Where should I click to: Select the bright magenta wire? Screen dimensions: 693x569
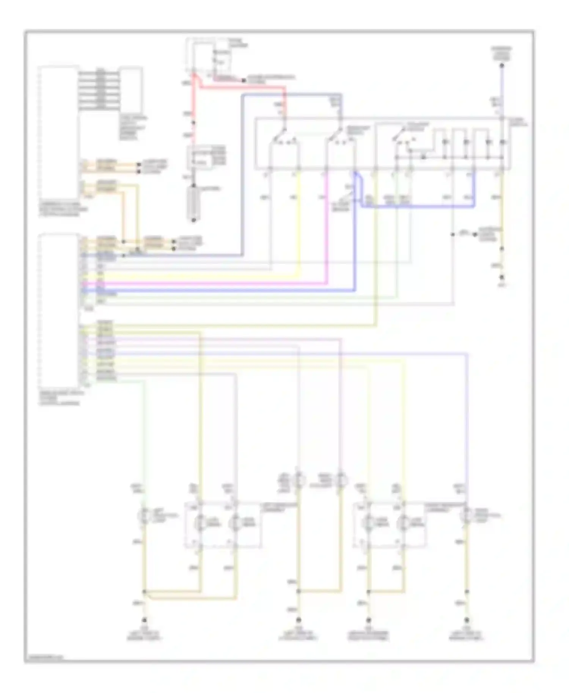pyautogui.click(x=205, y=283)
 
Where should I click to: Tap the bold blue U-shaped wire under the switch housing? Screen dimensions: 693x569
pyautogui.click(x=417, y=207)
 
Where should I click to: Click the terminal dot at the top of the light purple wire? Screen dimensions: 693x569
pyautogui.click(x=502, y=66)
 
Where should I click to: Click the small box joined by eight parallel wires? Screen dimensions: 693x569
pyautogui.click(x=131, y=89)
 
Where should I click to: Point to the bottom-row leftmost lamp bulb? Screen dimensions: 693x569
pyautogui.click(x=145, y=516)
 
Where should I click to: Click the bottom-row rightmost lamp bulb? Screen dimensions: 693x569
pyautogui.click(x=467, y=516)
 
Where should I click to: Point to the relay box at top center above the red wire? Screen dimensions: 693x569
pyautogui.click(x=212, y=57)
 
